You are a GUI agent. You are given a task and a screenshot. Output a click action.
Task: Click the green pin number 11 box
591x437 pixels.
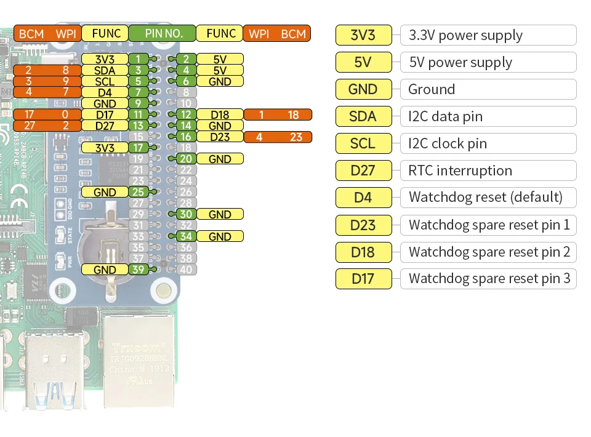click(138, 114)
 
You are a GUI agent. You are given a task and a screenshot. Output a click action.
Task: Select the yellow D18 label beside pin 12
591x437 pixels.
click(220, 114)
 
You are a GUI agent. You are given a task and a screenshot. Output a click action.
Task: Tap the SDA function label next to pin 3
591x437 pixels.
click(105, 70)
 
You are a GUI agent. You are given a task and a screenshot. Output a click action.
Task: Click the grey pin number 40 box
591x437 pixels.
click(186, 270)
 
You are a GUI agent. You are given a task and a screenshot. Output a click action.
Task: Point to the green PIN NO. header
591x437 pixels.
click(163, 33)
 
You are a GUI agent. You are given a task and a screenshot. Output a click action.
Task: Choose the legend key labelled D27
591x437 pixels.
click(363, 170)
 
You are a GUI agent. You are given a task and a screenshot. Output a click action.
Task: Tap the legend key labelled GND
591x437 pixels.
click(363, 89)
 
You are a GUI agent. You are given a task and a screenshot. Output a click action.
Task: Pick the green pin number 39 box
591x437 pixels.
click(138, 270)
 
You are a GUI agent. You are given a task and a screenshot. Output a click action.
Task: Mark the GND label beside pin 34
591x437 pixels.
click(220, 236)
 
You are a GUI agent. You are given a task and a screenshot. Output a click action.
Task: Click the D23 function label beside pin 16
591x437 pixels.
click(220, 137)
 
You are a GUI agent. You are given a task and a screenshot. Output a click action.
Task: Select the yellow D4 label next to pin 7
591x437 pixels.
click(105, 92)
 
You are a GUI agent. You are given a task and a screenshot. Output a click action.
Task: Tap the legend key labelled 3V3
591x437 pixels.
click(363, 35)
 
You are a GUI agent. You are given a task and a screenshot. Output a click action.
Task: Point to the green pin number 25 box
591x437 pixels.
click(138, 192)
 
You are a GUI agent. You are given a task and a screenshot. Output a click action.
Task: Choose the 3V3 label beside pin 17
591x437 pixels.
click(105, 148)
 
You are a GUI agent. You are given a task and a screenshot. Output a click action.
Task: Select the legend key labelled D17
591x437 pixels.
click(363, 279)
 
